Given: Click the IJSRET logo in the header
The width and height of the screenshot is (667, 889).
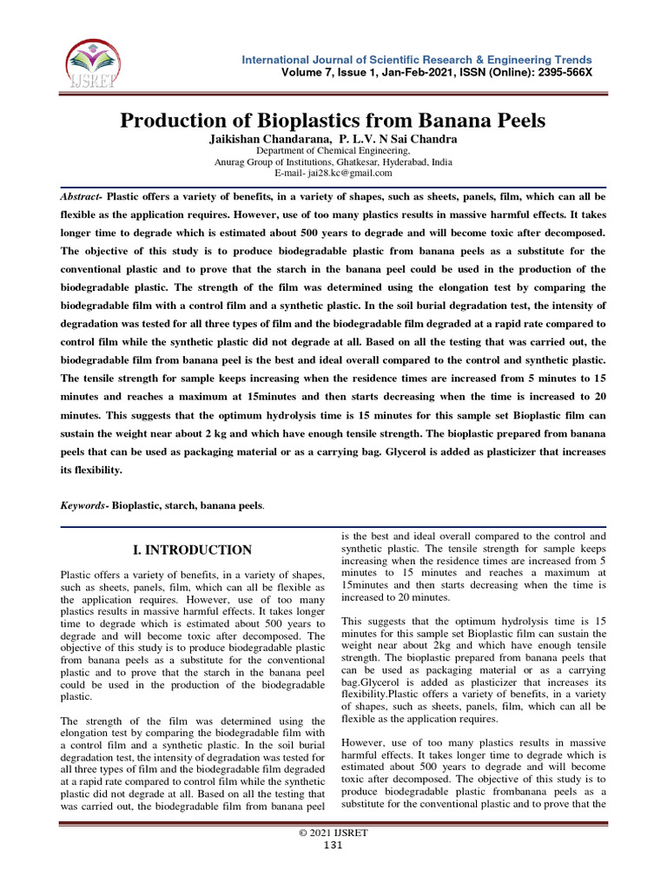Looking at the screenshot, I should point(93,66).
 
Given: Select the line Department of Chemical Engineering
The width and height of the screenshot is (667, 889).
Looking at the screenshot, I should point(333,150).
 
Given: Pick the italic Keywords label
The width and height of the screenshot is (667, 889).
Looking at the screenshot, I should point(84,504).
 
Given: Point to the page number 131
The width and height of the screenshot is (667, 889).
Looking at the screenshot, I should point(333,846).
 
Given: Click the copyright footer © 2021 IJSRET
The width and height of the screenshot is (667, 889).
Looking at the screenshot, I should point(333,833).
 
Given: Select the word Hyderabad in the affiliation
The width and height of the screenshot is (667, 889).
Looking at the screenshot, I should point(398,161).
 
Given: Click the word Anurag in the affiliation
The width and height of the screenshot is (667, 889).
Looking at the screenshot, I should point(232,161).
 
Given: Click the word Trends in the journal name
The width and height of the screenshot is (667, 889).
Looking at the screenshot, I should point(569,59).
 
